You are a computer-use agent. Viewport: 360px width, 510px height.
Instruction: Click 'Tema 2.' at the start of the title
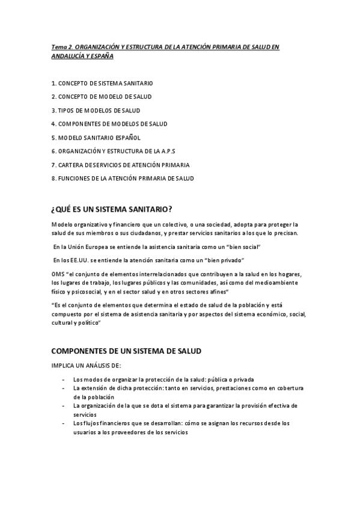pyautogui.click(x=62, y=46)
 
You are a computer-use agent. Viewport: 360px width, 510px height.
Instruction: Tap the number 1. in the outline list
pyautogui.click(x=54, y=82)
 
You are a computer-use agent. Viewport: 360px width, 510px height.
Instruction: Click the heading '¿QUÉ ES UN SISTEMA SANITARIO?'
pyautogui.click(x=112, y=209)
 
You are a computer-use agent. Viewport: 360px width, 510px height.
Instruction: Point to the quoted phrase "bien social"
pyautogui.click(x=242, y=247)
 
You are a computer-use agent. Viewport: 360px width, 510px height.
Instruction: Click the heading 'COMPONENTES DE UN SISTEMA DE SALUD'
pyautogui.click(x=126, y=351)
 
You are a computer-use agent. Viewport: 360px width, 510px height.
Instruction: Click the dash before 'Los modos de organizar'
pyautogui.click(x=64, y=379)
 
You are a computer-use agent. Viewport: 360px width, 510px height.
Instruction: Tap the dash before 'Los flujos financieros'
pyautogui.click(x=64, y=423)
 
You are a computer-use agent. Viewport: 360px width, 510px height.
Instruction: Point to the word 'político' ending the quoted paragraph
pyautogui.click(x=87, y=323)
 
